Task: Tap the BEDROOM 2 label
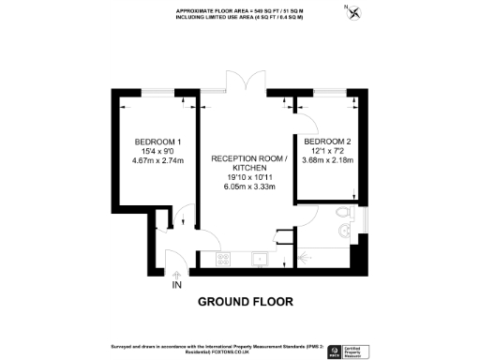[327, 140]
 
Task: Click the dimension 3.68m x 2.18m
[327, 159]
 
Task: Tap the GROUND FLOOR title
[245, 302]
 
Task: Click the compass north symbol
[352, 12]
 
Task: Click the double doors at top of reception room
[245, 82]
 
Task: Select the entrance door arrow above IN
[175, 273]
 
